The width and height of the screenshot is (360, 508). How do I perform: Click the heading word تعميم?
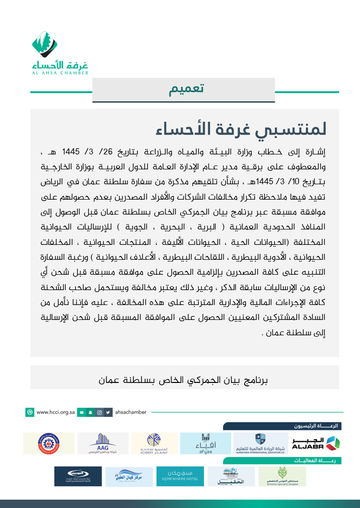[186, 89]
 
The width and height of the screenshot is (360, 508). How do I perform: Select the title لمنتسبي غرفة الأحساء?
[242, 128]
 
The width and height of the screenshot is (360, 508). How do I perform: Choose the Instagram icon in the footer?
[99, 412]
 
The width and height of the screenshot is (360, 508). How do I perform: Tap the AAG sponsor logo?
[103, 443]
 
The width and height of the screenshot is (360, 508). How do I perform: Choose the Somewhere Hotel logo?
[180, 476]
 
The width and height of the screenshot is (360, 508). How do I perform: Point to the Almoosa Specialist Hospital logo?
[282, 476]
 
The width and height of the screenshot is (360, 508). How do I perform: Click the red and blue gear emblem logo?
[49, 443]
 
